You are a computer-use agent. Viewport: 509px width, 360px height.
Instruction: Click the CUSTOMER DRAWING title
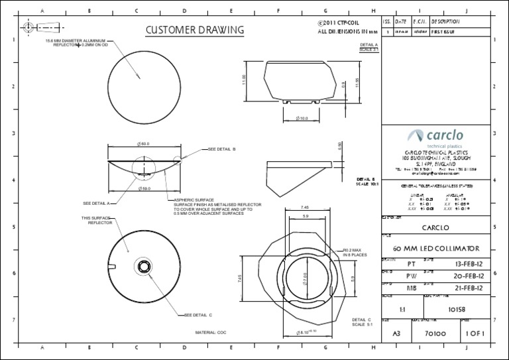point(194,30)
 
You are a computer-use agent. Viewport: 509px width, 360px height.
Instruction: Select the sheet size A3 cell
point(396,334)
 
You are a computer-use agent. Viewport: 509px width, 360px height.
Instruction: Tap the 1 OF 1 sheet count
point(476,334)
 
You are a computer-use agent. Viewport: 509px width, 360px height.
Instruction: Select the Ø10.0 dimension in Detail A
point(302,118)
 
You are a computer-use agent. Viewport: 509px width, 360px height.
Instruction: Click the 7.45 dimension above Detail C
point(305,207)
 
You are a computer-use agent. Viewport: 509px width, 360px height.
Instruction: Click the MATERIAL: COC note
point(211,332)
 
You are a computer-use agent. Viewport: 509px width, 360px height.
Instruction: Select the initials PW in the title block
point(410,275)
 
